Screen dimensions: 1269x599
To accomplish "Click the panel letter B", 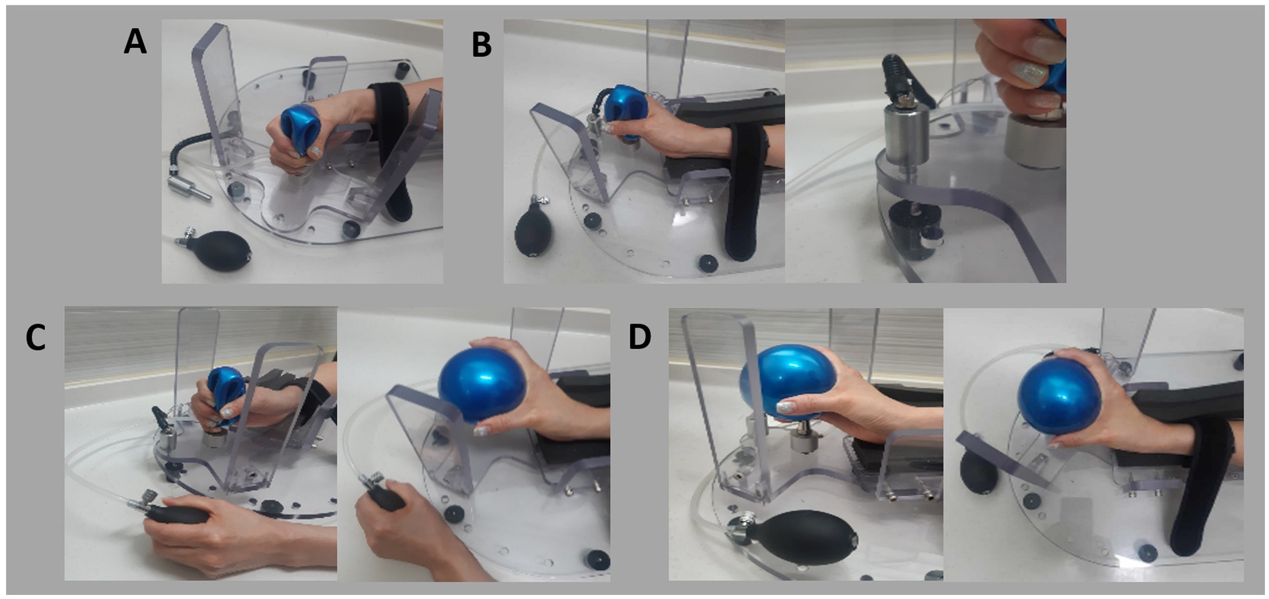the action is pos(481,45).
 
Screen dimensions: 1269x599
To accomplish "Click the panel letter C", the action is pos(35,338).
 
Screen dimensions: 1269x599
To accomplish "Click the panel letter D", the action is pos(640,338).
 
